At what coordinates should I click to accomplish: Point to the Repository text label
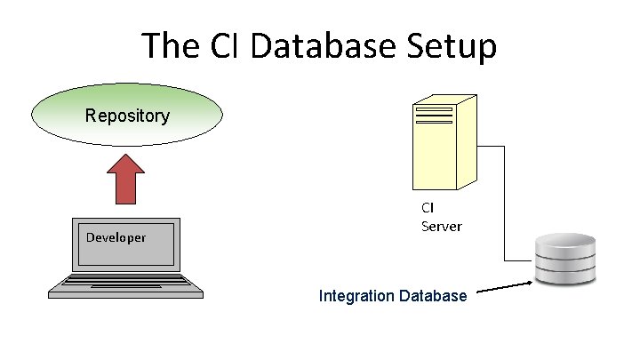(x=127, y=116)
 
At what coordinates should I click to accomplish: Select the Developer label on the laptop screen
(x=116, y=237)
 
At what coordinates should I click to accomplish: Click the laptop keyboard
(x=126, y=284)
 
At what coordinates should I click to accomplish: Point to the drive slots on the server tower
(x=434, y=116)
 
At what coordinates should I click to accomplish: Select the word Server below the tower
(x=442, y=226)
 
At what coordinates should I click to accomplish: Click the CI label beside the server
(x=428, y=207)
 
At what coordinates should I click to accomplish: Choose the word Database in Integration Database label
(x=433, y=295)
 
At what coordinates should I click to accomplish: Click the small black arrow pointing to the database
(x=505, y=286)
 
